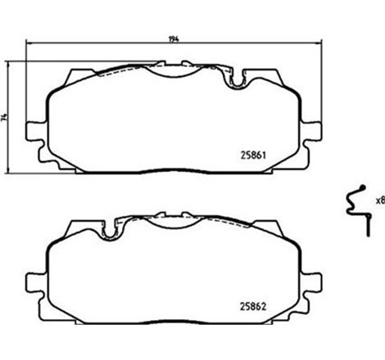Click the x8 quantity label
pos(379,200)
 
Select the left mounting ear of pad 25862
pos(34,282)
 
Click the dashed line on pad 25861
pos(123,74)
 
